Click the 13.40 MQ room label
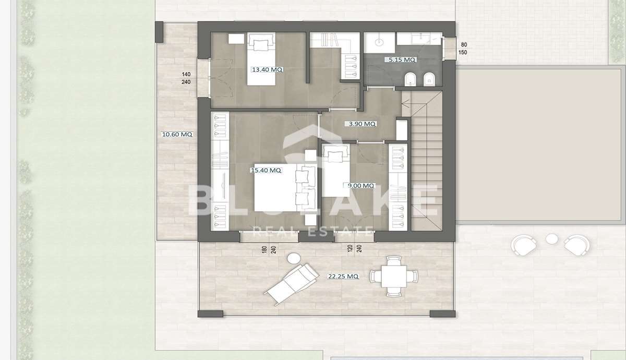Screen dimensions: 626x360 267,69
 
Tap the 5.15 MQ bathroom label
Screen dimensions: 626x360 401,59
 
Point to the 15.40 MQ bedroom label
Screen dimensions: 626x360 266,170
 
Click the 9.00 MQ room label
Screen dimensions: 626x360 360,185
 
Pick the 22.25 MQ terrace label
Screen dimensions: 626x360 343,276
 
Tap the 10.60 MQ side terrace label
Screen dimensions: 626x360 177,134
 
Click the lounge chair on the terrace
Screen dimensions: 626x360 291,283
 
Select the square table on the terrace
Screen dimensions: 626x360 394,276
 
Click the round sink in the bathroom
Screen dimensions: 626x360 379,42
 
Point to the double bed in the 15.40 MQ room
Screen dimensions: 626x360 285,187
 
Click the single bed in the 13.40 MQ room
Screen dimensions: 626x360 261,59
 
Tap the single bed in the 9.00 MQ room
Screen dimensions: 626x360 335,170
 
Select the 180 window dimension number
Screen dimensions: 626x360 264,249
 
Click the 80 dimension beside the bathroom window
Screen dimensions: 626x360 464,44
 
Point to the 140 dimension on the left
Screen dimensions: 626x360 186,74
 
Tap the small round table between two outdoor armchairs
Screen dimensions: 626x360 552,239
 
